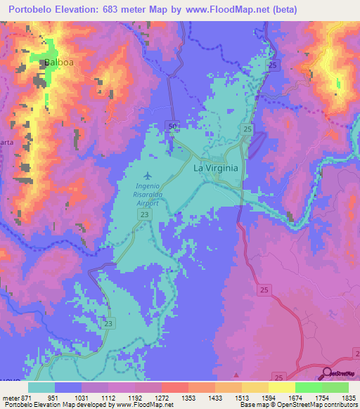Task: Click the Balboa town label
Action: click(59, 63)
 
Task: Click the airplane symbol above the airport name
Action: click(148, 175)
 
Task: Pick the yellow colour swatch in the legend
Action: click(281, 387)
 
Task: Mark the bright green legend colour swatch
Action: click(308, 387)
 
